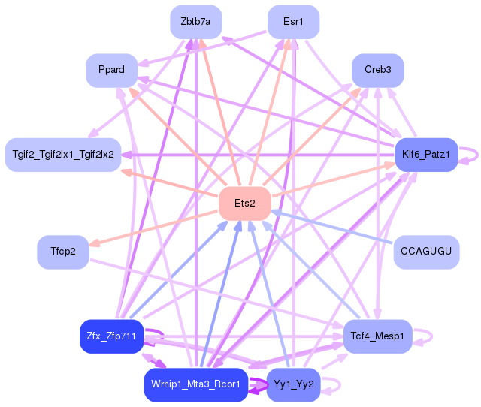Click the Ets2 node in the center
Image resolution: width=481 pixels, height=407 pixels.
[244, 203]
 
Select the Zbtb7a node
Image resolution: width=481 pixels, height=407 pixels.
[195, 22]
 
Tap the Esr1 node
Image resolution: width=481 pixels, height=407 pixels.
[293, 22]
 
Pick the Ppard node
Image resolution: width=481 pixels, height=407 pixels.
[111, 70]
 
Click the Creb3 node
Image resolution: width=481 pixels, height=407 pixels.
[377, 70]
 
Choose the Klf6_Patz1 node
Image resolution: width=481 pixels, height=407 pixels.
[426, 155]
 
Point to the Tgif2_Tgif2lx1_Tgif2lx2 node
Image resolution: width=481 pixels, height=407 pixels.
[63, 155]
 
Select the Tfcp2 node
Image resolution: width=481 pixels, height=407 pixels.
[63, 251]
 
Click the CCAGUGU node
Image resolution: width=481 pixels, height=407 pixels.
[426, 251]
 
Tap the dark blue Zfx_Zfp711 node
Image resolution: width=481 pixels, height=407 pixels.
[111, 336]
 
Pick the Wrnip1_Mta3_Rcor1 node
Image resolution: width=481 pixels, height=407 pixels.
[195, 384]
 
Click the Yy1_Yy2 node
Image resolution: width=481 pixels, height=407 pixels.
[294, 384]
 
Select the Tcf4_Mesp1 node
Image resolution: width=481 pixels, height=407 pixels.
[377, 336]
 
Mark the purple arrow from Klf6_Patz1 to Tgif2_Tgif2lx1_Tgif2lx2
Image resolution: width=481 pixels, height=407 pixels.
[256, 155]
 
